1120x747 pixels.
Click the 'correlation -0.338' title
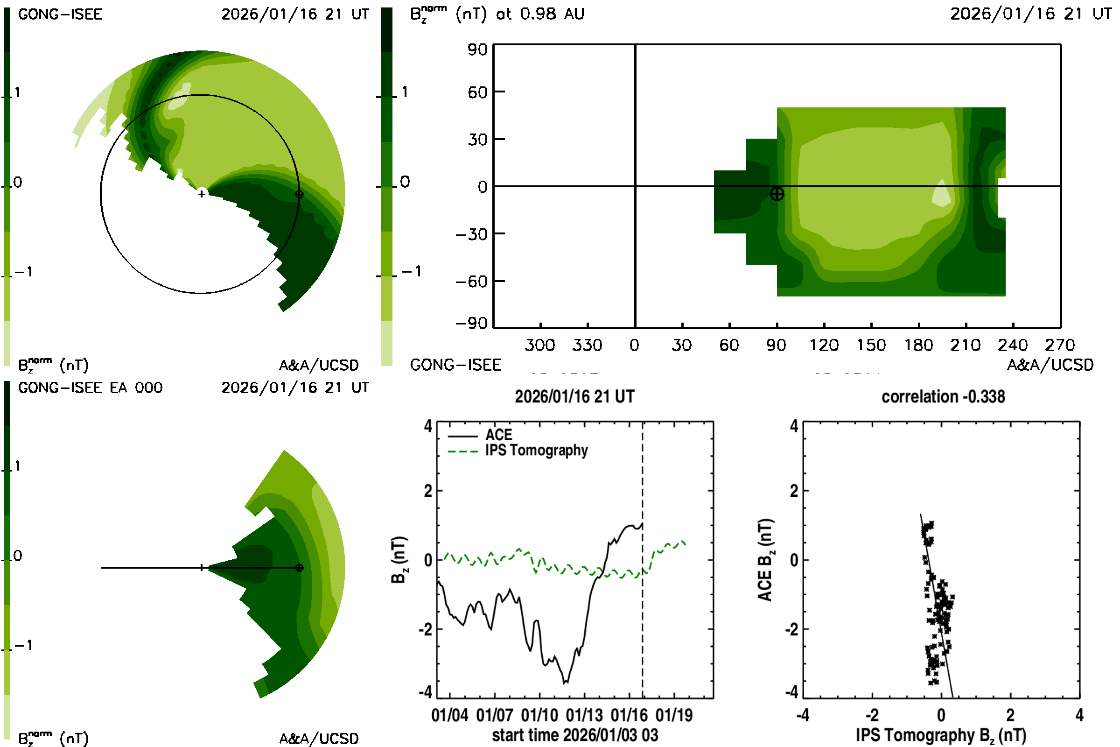pyautogui.click(x=943, y=397)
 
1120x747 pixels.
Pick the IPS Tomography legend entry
pyautogui.click(x=536, y=450)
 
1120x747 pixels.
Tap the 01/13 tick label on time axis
pyautogui.click(x=584, y=716)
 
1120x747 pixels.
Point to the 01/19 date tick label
pyautogui.click(x=674, y=716)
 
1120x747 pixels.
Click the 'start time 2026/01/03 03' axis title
pyautogui.click(x=575, y=735)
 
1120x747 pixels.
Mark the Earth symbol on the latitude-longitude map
pyautogui.click(x=777, y=194)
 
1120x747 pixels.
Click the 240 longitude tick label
pyautogui.click(x=1012, y=345)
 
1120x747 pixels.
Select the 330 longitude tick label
pyautogui.click(x=587, y=345)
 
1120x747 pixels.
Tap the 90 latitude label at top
pyautogui.click(x=477, y=49)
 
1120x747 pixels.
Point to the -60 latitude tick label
pyautogui.click(x=471, y=282)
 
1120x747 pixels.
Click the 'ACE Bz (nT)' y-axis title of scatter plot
pyautogui.click(x=765, y=560)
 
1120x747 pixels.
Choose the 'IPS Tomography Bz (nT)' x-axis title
pyautogui.click(x=941, y=735)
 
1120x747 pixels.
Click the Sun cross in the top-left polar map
pyautogui.click(x=202, y=194)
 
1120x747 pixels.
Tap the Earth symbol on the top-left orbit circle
pyautogui.click(x=299, y=194)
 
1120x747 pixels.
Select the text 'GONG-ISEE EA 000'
pyautogui.click(x=90, y=388)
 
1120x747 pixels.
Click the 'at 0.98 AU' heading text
pyautogui.click(x=540, y=14)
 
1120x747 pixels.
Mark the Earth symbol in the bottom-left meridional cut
pyautogui.click(x=299, y=568)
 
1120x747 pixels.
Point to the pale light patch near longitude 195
pyautogui.click(x=941, y=194)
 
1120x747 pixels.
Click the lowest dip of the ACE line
pyautogui.click(x=565, y=683)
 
